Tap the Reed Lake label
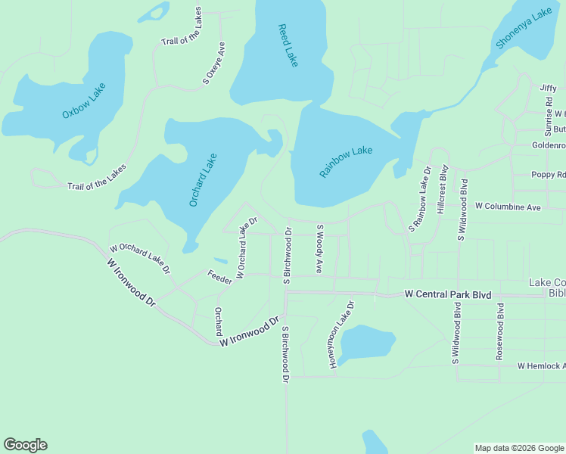click(288, 45)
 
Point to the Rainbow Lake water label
click(346, 162)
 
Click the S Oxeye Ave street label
click(214, 62)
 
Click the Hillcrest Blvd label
click(444, 191)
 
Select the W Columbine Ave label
click(508, 207)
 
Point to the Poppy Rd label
click(548, 175)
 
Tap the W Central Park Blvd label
click(448, 294)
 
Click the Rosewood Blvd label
click(500, 322)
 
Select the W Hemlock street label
click(540, 365)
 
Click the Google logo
click(25, 445)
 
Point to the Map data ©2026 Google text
click(518, 448)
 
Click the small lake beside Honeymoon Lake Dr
click(366, 344)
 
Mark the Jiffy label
click(548, 88)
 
